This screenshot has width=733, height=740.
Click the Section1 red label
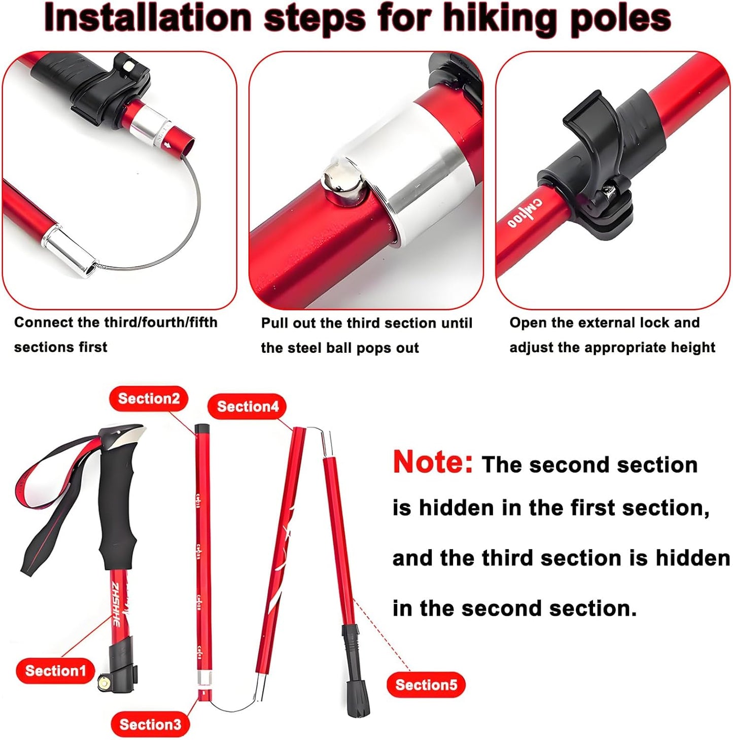point(55,670)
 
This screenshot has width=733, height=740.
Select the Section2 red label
point(149,398)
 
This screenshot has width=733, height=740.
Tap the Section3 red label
point(150,724)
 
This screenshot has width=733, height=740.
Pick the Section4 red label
point(248,407)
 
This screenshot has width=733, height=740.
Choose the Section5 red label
point(426,685)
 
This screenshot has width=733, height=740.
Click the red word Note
point(433,462)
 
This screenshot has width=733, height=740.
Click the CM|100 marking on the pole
point(525,214)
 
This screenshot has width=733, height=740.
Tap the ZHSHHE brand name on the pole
point(116,604)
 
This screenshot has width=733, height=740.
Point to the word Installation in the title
point(148,19)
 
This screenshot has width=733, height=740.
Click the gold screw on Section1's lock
point(105,683)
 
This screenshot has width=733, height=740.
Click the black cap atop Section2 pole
point(202,429)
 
